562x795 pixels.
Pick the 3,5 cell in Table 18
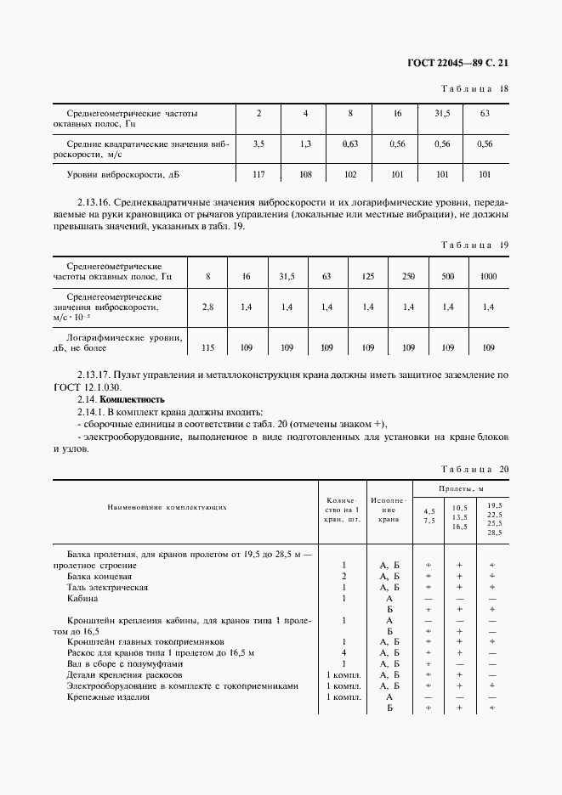coord(259,144)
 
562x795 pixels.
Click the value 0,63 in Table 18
coord(349,144)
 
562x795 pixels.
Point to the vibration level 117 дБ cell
coord(259,174)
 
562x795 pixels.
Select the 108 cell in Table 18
coord(305,174)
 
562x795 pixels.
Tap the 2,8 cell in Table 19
coord(208,307)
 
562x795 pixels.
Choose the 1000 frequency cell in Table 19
coord(488,277)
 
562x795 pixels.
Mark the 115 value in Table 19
coord(208,347)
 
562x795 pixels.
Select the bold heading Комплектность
coord(132,399)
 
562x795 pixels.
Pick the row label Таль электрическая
coord(107,587)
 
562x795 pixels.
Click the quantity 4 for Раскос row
coord(343,653)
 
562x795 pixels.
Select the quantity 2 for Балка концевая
coord(343,576)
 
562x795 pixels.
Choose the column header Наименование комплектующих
coord(167,508)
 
